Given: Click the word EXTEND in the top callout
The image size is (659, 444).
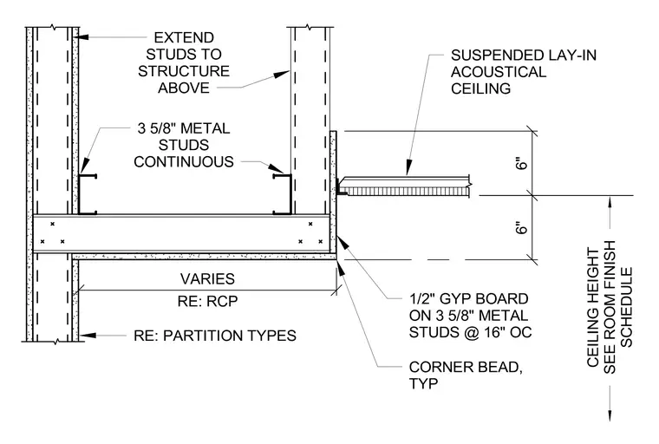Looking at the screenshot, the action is coord(184,38).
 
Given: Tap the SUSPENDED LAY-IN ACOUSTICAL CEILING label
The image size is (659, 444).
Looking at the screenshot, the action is coord(523,72).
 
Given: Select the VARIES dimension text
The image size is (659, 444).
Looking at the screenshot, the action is coord(207,278).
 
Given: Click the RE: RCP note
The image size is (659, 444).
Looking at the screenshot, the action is coord(207,301).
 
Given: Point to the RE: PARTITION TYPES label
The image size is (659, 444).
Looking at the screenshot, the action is coord(215,336).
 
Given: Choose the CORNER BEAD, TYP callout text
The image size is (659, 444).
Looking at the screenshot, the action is coord(466,375).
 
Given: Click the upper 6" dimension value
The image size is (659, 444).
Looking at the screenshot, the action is coord(521,163).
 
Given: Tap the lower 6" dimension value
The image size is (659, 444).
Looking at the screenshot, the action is coord(521,228).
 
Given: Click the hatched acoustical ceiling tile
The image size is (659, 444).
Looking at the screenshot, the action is coord(406,192).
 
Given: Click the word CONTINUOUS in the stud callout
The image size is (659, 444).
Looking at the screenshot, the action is coord(184,162).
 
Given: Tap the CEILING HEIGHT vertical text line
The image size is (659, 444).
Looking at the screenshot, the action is coord(592,307).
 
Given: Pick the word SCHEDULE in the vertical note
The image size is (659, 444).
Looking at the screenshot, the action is coord(626,307).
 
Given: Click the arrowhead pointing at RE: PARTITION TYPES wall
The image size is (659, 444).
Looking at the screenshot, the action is coord(87,336).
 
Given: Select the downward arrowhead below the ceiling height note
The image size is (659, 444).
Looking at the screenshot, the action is coord(610,414).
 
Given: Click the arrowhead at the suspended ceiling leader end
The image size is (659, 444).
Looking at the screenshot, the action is coord(408,167).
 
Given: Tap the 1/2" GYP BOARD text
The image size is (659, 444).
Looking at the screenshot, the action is coord(468,299).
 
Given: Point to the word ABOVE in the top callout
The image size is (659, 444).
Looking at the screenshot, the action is coord(184,88).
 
